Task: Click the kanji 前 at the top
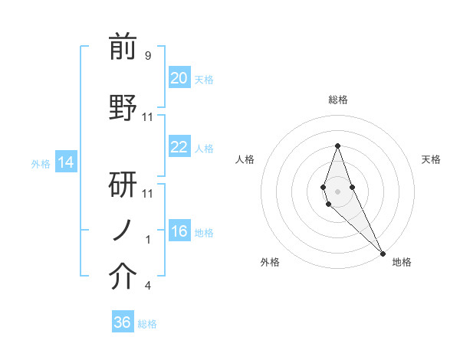pos(123,48)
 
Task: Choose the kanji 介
pos(123,277)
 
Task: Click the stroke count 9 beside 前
pos(147,56)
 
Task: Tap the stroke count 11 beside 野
pos(148,116)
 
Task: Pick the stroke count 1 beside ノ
pos(148,240)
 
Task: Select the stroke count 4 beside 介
pos(147,286)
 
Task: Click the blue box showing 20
pos(179,78)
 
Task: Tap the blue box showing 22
pos(179,147)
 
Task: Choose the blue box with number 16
pos(179,231)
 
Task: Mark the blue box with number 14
pos(65,162)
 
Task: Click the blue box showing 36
pos(123,322)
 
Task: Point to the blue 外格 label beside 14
pos(41,163)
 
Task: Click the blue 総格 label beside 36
pos(147,324)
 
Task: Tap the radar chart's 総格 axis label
pos(337,100)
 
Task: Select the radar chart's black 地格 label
pos(402,263)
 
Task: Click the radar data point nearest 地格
pos(383,253)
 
